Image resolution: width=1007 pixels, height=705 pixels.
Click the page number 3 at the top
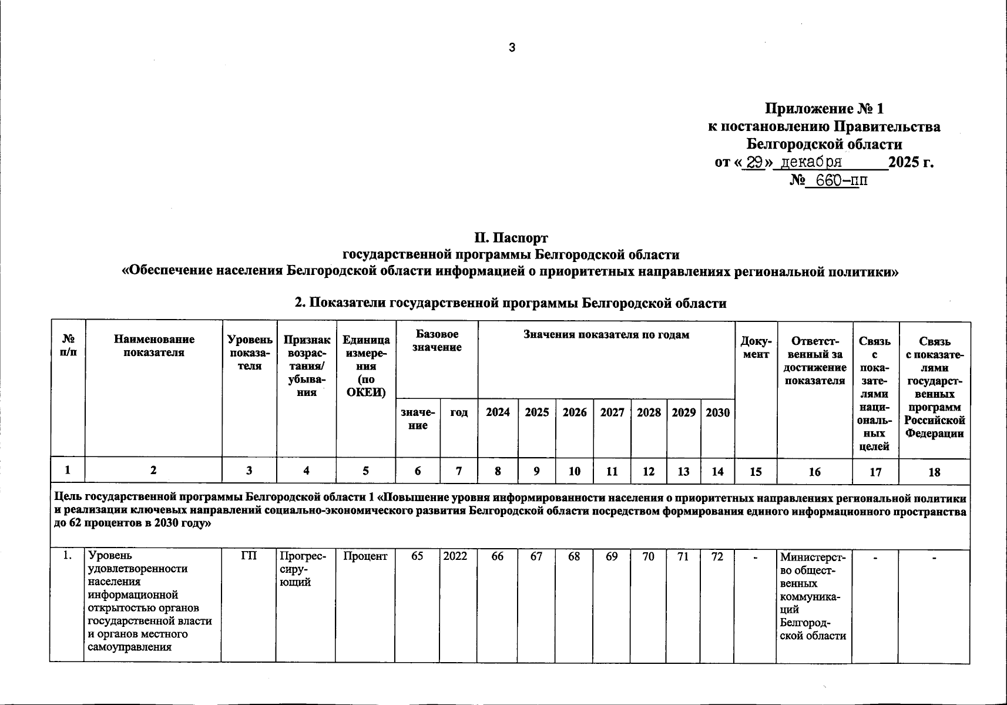coord(512,48)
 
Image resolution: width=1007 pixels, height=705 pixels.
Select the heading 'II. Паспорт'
coord(511,238)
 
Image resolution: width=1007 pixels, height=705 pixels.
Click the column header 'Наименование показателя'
coord(154,346)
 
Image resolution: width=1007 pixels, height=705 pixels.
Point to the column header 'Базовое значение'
coord(437,341)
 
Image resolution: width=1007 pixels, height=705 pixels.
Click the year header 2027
coord(612,412)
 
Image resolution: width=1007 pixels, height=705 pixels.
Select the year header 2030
coord(717,412)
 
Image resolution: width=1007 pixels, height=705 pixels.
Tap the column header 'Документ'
coord(756,347)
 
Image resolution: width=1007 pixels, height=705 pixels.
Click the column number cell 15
coord(756,471)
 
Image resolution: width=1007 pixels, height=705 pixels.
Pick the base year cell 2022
coord(455,556)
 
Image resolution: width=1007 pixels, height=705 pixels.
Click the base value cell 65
coord(417,556)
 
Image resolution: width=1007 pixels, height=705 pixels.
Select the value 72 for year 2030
coord(717,556)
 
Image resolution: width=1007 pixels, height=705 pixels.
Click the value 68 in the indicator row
coord(574,556)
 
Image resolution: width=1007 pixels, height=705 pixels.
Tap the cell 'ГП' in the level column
coord(249,556)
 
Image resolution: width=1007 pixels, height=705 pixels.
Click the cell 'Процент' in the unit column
coord(365,556)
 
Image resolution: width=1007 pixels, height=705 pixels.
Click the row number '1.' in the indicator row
coord(68,556)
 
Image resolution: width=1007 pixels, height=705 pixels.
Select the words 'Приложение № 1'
coord(824,109)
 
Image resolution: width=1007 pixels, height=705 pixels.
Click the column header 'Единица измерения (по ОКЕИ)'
coord(366,366)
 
